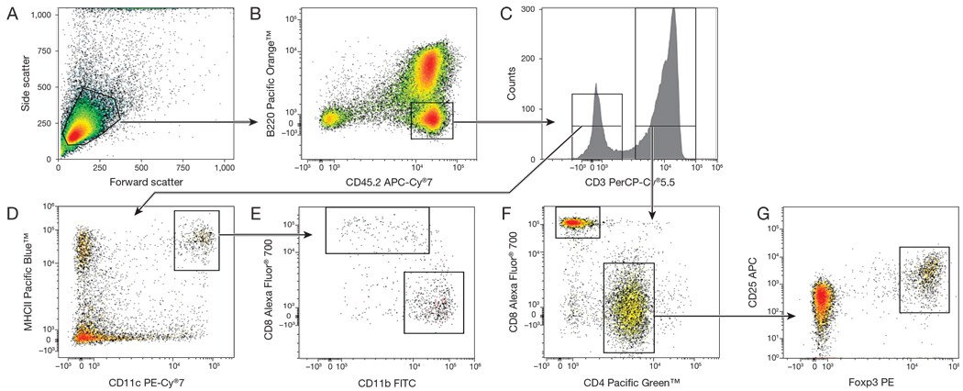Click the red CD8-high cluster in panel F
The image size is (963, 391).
(x=578, y=222)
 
